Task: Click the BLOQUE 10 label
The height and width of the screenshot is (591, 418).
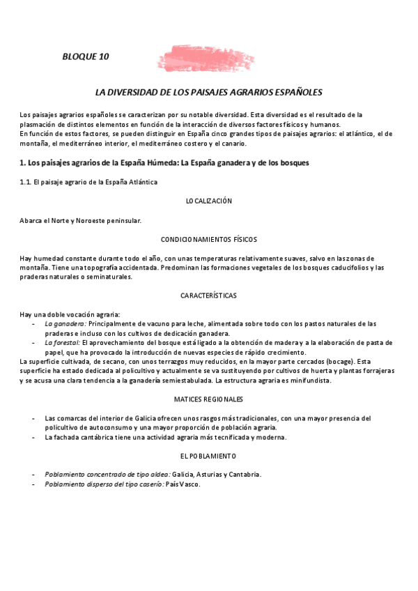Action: click(86, 56)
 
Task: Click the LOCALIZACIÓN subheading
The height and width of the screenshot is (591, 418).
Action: click(209, 201)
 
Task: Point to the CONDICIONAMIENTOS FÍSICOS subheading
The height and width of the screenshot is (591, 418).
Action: click(209, 239)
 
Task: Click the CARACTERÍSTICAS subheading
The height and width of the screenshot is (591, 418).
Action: click(209, 295)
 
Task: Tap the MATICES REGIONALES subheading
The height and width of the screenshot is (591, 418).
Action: click(209, 399)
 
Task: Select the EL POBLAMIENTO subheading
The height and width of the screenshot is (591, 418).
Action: click(209, 456)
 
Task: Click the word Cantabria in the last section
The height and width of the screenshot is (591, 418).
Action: click(243, 475)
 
